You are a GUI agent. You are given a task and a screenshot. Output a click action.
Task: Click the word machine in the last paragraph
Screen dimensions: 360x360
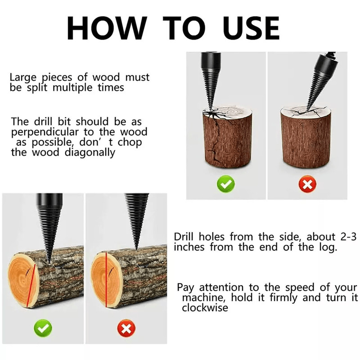pyautogui.click(x=201, y=298)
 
